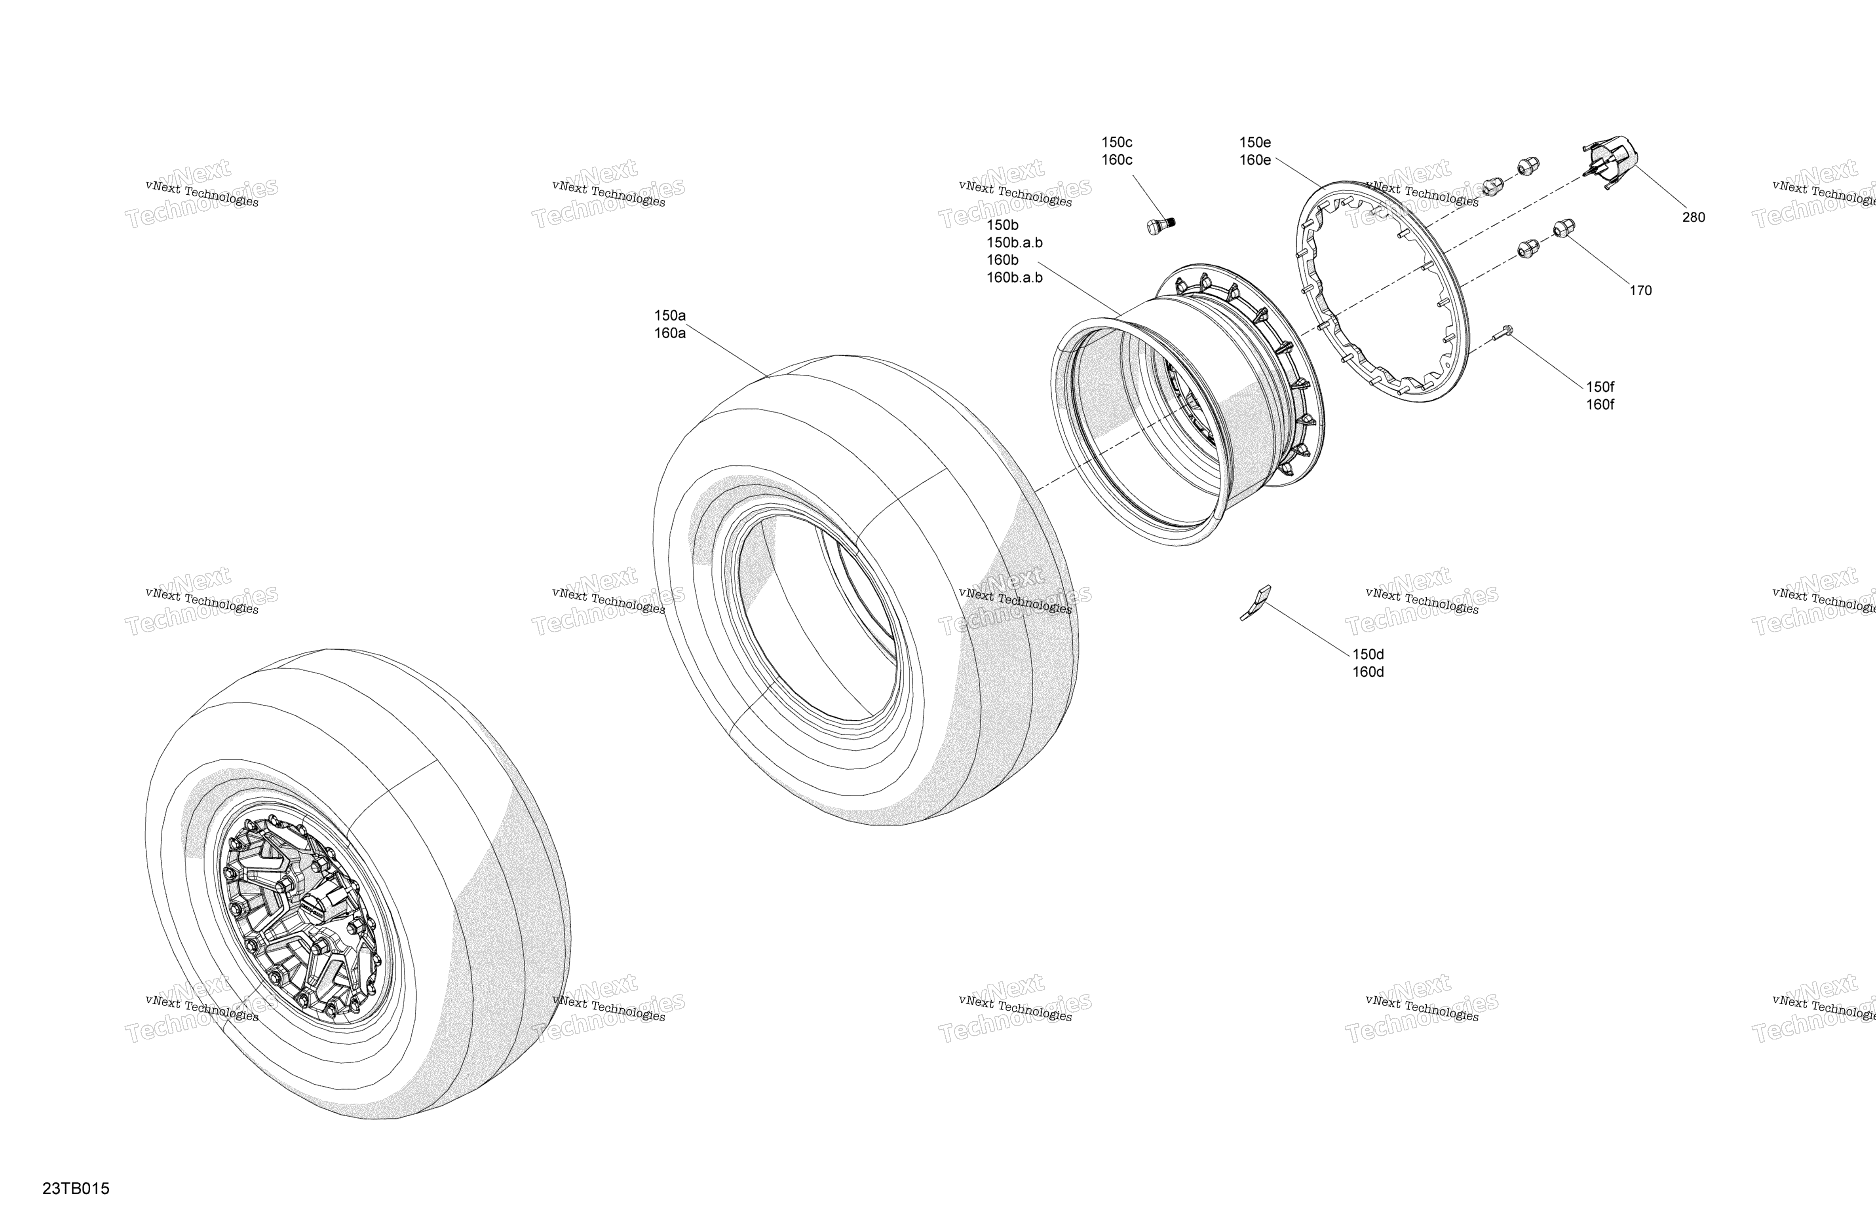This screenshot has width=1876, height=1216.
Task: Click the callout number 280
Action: pos(1693,218)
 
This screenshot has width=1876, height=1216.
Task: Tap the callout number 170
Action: pos(1640,291)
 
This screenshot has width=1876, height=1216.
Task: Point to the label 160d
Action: pos(1369,672)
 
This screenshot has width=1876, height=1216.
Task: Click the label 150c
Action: pos(1117,142)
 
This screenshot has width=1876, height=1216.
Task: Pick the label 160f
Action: pos(1600,405)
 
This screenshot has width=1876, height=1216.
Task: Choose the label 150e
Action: pos(1255,142)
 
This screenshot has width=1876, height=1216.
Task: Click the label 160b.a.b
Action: pos(1015,277)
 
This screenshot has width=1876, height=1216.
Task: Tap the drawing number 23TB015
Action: pos(76,1188)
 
